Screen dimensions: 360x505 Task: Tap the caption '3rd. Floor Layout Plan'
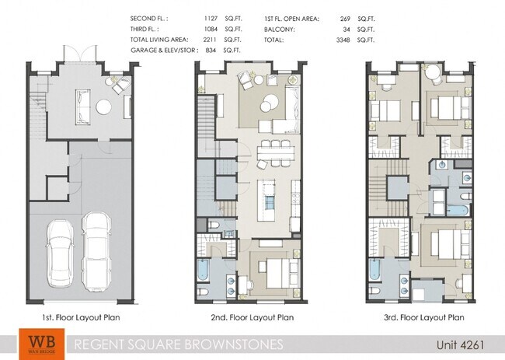coord(423,317)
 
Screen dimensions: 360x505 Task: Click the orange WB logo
coord(37,343)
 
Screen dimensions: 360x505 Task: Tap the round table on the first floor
coord(103,107)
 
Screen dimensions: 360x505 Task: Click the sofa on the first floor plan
coord(82,106)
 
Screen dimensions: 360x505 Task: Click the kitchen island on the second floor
coord(269,194)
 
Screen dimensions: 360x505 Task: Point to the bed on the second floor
coord(277,271)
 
